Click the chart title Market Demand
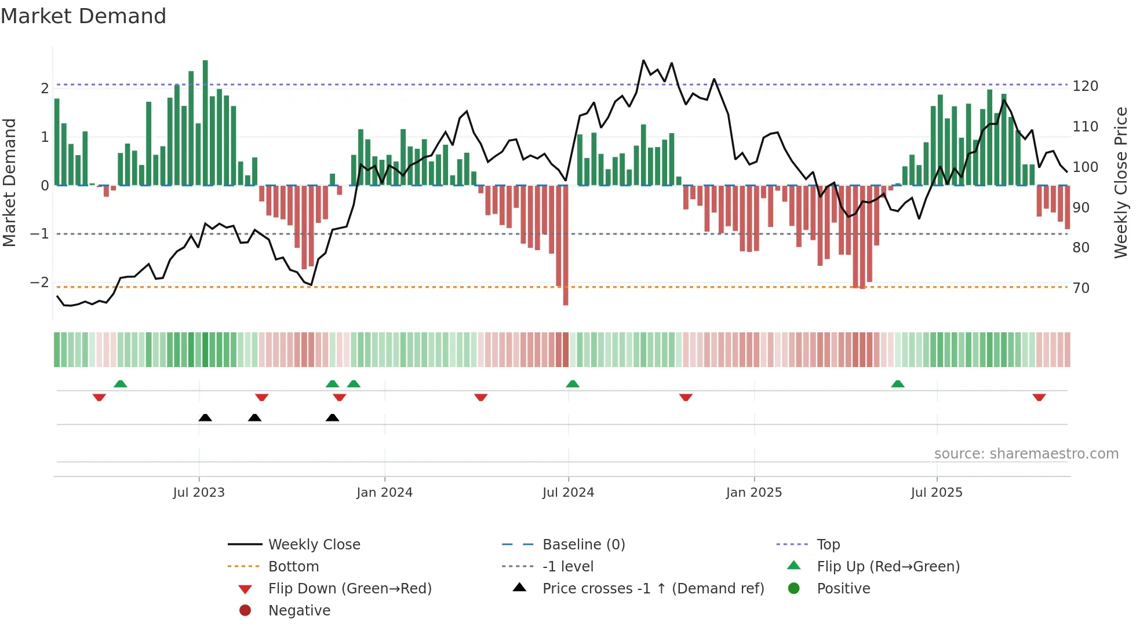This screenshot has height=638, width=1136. pyautogui.click(x=83, y=16)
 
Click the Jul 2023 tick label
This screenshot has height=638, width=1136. pyautogui.click(x=199, y=493)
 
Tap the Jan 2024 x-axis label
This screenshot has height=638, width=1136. pyautogui.click(x=384, y=493)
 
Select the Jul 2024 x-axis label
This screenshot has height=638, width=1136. pyautogui.click(x=568, y=493)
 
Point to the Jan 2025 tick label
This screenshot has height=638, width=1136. pyautogui.click(x=753, y=493)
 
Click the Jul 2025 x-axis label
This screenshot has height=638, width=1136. pyautogui.click(x=936, y=493)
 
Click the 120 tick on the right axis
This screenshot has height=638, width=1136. pyautogui.click(x=1085, y=86)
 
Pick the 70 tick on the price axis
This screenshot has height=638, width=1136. pyautogui.click(x=1081, y=288)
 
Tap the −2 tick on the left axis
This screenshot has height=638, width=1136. pyautogui.click(x=40, y=283)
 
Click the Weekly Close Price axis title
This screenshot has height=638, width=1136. pyautogui.click(x=1121, y=182)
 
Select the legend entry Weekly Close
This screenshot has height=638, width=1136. pyautogui.click(x=314, y=545)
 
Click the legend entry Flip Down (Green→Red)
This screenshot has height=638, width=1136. pyautogui.click(x=349, y=589)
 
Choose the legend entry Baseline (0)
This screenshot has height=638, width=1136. pyautogui.click(x=583, y=545)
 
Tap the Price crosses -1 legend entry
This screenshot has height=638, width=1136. pyautogui.click(x=653, y=589)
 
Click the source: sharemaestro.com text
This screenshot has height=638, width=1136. pyautogui.click(x=1026, y=454)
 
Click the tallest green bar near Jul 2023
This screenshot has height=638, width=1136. pyautogui.click(x=205, y=122)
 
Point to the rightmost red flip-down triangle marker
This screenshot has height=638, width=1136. pyautogui.click(x=1039, y=397)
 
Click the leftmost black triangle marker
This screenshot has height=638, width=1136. pyautogui.click(x=205, y=417)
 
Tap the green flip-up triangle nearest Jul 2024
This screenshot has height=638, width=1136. pyautogui.click(x=573, y=384)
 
